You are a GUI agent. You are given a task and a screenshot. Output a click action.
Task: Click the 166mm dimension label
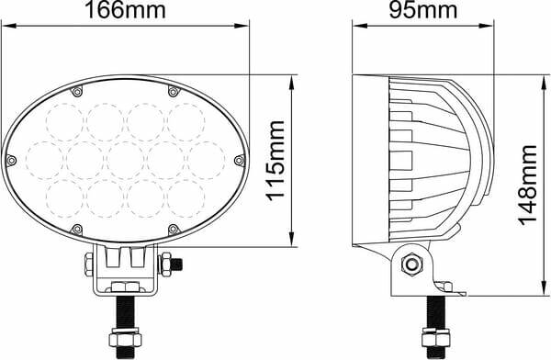point(125,10)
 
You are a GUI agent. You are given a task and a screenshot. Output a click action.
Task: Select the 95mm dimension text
point(423,10)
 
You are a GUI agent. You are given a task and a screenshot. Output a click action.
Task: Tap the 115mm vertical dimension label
point(275,161)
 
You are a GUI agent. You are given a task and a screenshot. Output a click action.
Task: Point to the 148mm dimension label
point(528,186)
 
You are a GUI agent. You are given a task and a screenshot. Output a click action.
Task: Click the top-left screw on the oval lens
point(76,92)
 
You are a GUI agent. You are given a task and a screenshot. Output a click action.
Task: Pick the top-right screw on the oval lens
point(173,92)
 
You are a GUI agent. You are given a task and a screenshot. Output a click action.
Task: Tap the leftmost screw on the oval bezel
point(11,161)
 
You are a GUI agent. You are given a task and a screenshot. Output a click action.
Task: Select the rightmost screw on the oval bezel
point(240,161)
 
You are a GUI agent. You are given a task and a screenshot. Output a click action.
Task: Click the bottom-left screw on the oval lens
point(76,230)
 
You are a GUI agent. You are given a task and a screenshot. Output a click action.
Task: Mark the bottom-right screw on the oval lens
point(173,230)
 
